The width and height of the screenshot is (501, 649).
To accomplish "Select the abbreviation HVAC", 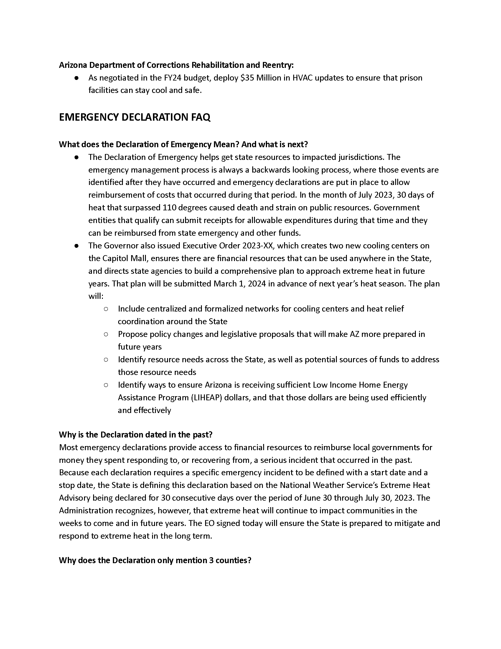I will click(302, 78).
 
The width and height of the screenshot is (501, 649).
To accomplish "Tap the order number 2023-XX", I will click(258, 246).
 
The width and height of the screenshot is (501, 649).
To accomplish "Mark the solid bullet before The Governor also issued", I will click(77, 246).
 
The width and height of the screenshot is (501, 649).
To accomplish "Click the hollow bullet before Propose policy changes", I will click(106, 334).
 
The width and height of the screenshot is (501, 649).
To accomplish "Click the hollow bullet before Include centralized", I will click(106, 309).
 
